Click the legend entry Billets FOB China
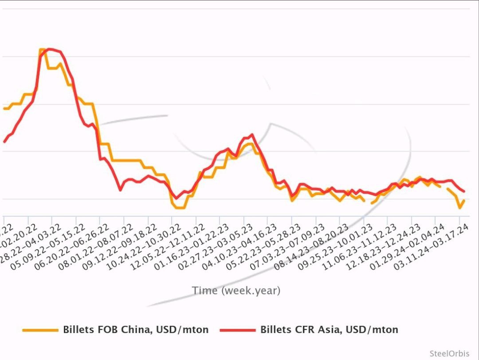click(135, 330)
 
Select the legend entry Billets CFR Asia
click(329, 330)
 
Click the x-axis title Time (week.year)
click(236, 291)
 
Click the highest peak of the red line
click(50, 49)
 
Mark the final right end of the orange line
click(464, 200)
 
